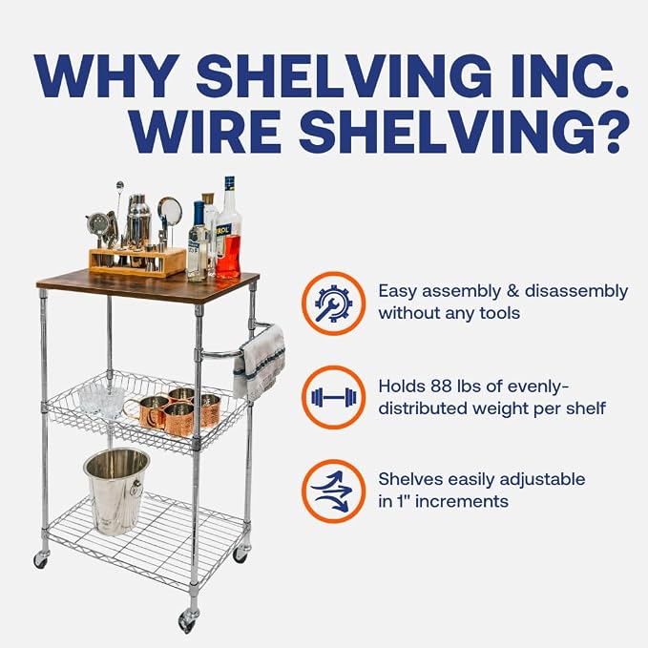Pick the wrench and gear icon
(x=333, y=303)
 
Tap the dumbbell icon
(x=333, y=397)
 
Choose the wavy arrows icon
(x=333, y=491)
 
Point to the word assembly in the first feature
(x=461, y=292)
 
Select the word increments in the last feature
(x=461, y=501)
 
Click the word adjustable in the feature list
(x=542, y=480)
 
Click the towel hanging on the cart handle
(x=260, y=363)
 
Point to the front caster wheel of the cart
(x=188, y=619)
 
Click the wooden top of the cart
(x=148, y=285)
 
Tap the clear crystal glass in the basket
(x=102, y=400)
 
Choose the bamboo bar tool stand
(x=137, y=261)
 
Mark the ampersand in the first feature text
(x=512, y=291)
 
